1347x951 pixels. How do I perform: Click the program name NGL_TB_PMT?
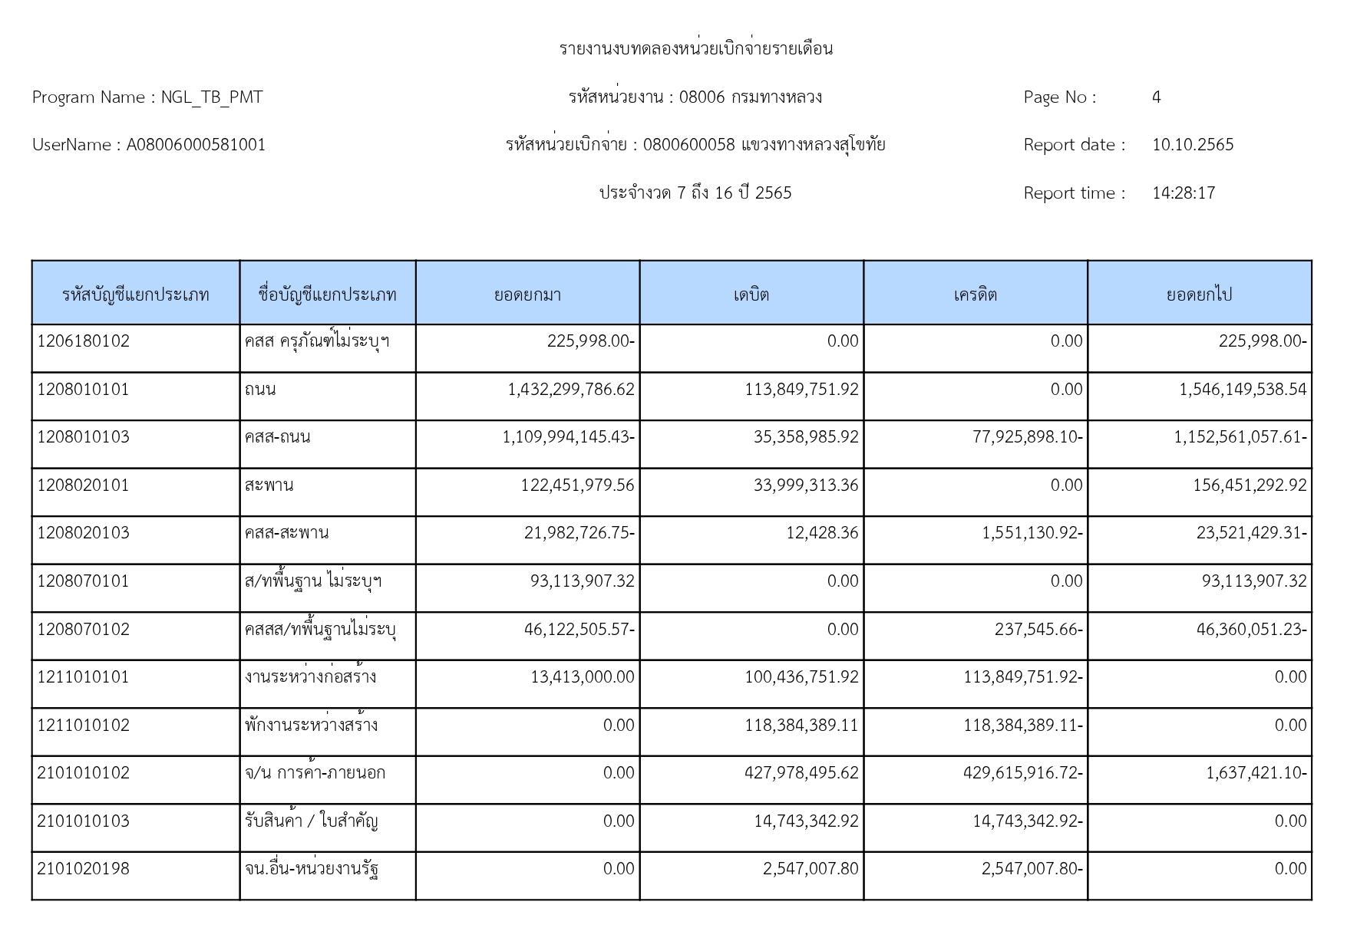(x=211, y=97)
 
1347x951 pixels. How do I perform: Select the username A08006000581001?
(x=196, y=145)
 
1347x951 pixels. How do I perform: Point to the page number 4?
(x=1156, y=97)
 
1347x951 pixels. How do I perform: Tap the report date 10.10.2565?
(x=1193, y=145)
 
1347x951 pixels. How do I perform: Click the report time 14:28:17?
(x=1184, y=193)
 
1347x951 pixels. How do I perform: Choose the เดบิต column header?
(x=751, y=295)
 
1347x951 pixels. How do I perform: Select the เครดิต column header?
(x=975, y=295)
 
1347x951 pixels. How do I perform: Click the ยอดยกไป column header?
(x=1199, y=295)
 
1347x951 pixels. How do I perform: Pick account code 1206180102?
(x=84, y=341)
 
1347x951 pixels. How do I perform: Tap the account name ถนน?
(x=260, y=390)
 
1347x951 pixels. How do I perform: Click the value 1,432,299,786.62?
(x=571, y=390)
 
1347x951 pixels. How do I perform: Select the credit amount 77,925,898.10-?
(x=1027, y=437)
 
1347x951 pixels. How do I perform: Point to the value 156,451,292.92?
(x=1249, y=485)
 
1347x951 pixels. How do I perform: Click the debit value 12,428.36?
(x=821, y=533)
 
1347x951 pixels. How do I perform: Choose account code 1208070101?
(x=84, y=581)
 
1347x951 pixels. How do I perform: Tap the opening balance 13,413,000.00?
(x=582, y=677)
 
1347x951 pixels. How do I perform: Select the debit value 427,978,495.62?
(x=801, y=773)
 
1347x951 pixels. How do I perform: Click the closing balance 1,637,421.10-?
(x=1256, y=773)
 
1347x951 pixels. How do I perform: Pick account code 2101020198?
(x=84, y=869)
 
